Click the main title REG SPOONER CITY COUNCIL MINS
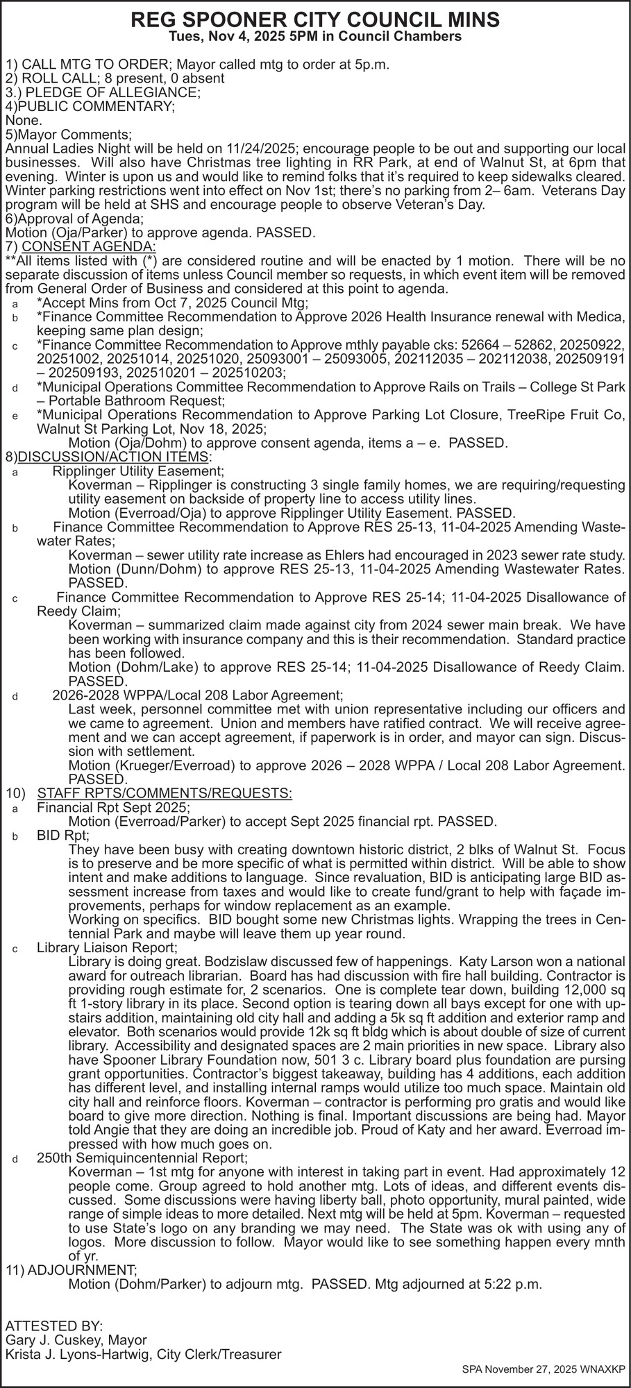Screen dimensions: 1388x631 pyautogui.click(x=315, y=20)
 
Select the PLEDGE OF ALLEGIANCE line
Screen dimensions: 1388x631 pyautogui.click(x=111, y=92)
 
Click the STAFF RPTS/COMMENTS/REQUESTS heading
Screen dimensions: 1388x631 pyautogui.click(x=165, y=793)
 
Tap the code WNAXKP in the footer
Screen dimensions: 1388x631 pyautogui.click(x=604, y=1370)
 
